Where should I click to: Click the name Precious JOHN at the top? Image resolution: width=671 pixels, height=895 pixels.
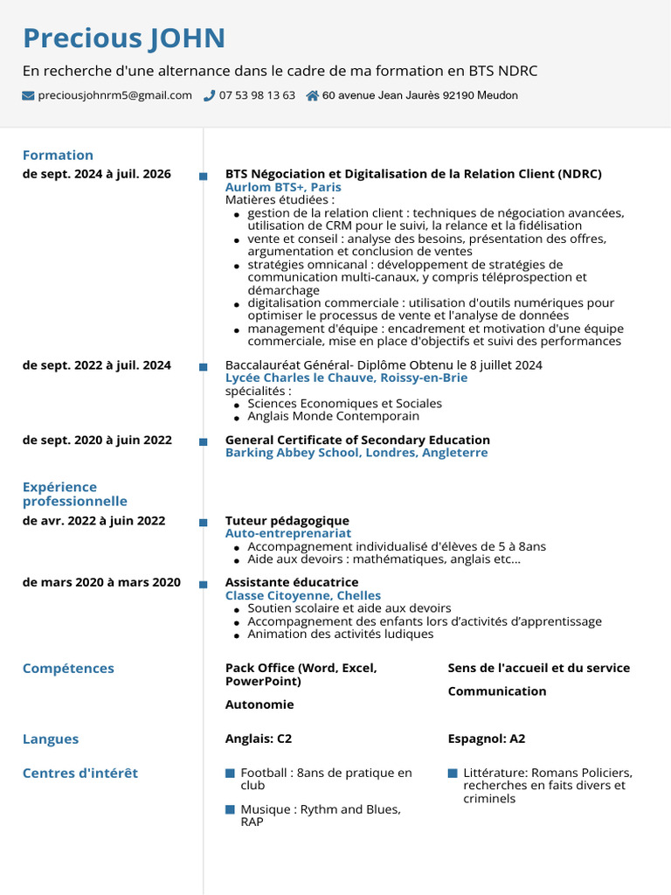(123, 38)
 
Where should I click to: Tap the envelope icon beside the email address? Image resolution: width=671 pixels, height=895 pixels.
(28, 96)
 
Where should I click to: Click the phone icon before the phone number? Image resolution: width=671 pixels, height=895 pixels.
(210, 96)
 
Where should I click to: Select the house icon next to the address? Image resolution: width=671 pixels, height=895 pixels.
(312, 96)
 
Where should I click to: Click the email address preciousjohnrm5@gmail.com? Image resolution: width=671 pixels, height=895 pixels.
(114, 96)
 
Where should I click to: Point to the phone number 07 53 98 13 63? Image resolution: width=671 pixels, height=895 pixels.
(257, 96)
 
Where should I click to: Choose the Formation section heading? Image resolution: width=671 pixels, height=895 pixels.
(58, 156)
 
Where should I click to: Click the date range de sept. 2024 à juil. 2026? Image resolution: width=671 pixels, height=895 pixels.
(96, 174)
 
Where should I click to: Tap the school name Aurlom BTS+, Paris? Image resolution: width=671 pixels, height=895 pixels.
(283, 187)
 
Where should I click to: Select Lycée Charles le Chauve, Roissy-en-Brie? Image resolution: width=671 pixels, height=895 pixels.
(346, 378)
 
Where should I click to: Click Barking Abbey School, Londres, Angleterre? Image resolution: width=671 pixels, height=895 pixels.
(356, 453)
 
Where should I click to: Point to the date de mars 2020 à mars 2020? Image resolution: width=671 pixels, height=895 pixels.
(101, 582)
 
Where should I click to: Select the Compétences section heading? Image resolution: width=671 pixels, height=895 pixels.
(68, 669)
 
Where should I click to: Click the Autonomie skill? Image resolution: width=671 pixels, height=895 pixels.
(259, 704)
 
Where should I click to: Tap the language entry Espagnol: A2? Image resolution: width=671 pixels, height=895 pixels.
(487, 739)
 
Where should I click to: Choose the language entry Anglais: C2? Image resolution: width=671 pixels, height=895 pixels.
(259, 739)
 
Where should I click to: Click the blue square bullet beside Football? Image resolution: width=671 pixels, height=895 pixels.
(230, 774)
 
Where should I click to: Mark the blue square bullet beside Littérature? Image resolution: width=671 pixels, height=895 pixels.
(453, 774)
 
